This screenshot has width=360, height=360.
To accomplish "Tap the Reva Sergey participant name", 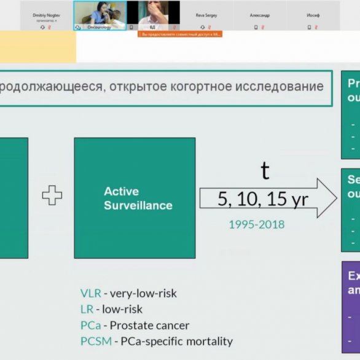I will tap(207, 15).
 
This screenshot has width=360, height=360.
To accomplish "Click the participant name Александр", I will tap(260, 15).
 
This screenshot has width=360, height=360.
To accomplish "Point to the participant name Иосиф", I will tap(313, 15).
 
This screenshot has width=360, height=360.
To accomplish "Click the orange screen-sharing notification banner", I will tap(180, 34).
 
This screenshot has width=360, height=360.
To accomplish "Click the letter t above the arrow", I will tap(265, 170).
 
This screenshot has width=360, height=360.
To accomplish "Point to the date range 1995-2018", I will tap(256, 224).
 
